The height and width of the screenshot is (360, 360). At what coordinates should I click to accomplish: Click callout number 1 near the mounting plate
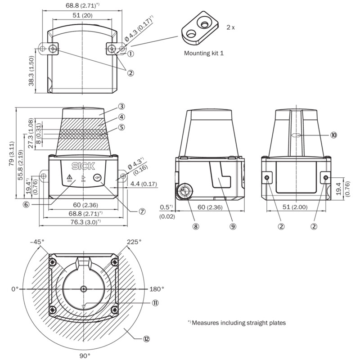click(131, 54)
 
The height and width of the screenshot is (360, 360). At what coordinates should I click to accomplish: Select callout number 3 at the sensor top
click(121, 107)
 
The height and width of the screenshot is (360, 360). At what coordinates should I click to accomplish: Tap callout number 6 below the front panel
click(27, 204)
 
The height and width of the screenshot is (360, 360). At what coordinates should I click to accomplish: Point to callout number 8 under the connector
click(195, 226)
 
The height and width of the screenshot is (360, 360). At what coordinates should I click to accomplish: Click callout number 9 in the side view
click(233, 226)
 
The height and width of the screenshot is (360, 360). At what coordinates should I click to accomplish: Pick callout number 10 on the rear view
click(334, 134)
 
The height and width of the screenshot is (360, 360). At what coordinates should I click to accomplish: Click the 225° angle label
click(134, 242)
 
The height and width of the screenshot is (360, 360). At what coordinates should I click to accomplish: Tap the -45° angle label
click(36, 242)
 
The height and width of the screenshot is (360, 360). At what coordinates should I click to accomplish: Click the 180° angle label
click(157, 288)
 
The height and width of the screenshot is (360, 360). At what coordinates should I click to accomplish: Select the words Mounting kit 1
click(204, 53)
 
